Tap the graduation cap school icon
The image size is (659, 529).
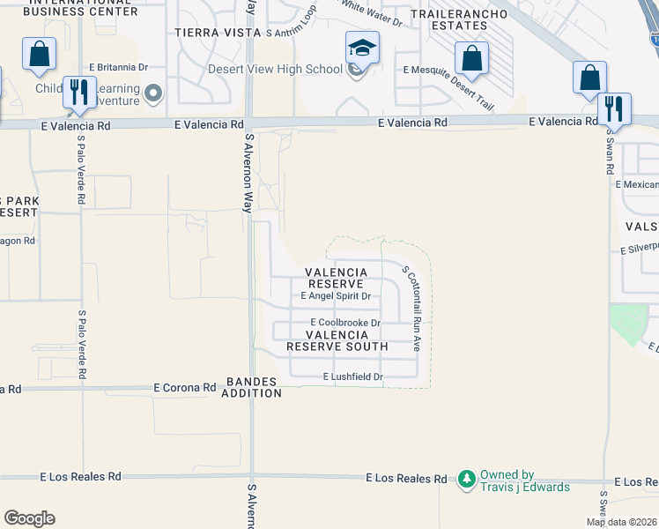tap(362, 48)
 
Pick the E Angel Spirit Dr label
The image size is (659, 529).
tap(336, 296)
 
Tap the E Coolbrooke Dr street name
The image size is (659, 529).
tap(344, 323)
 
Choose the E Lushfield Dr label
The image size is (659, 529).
tap(353, 377)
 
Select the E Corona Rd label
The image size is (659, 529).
tap(184, 387)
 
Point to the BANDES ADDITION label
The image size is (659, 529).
tap(253, 387)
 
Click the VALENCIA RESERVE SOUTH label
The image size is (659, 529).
tap(337, 340)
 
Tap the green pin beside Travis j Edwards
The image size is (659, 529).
tap(467, 479)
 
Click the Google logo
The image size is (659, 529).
tap(29, 518)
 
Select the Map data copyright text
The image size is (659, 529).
tap(622, 522)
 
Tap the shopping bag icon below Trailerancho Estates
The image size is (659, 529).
tap(472, 58)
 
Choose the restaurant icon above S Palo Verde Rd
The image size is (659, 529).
tap(79, 91)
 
